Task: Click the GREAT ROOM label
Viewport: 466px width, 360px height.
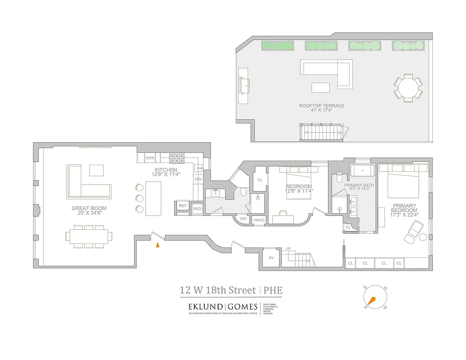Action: point(87,208)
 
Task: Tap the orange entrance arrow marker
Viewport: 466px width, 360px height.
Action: point(157,245)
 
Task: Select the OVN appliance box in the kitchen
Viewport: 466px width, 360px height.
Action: point(150,158)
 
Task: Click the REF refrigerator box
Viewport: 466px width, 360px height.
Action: point(183,206)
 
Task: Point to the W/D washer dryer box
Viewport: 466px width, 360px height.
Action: point(197,209)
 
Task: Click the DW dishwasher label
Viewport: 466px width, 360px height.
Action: point(198,179)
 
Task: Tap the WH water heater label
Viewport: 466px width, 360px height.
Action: point(243,219)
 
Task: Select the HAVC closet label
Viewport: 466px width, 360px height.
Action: point(259,220)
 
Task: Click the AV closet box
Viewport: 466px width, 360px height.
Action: point(271,258)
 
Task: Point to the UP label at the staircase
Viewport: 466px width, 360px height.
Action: point(288,248)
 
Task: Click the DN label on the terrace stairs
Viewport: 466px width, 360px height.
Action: point(340,133)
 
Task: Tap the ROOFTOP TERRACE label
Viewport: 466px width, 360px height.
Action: point(322,106)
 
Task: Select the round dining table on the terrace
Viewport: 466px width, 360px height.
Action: point(408,88)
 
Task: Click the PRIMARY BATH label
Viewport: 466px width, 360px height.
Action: point(359,185)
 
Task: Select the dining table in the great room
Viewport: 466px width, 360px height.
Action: point(89,236)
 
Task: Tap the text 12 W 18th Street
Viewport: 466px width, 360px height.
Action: point(215,290)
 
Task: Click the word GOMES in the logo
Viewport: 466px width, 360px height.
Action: point(242,307)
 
